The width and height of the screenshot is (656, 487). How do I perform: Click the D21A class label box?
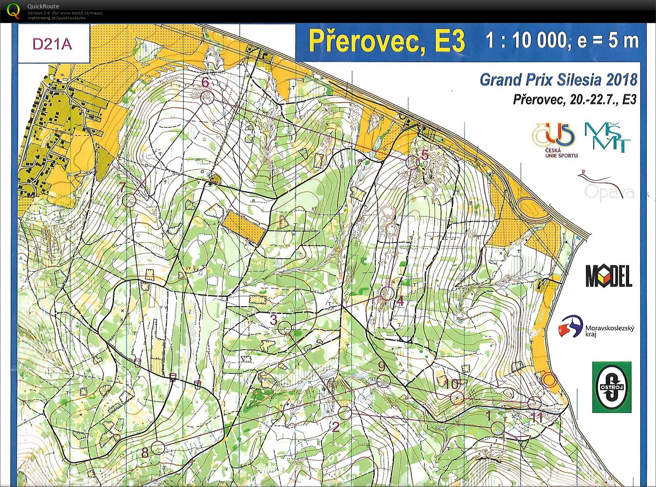53,44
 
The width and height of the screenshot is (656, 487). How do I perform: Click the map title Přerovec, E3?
387,41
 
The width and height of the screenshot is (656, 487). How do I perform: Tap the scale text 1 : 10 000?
526,40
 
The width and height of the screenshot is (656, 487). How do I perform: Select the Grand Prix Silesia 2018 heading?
558,80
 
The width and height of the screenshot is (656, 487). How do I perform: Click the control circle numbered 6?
207,97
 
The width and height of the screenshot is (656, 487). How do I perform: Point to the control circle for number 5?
412,163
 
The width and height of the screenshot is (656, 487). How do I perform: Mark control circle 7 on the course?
129,200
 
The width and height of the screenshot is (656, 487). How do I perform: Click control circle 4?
387,293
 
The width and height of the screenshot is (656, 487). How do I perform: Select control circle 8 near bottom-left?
158,447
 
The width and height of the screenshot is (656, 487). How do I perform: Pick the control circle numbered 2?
345,412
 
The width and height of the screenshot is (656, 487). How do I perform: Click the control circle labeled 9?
384,381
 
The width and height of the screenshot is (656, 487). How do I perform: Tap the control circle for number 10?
457,398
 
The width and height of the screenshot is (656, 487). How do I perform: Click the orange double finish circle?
549,380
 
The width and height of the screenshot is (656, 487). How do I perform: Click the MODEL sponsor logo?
609,276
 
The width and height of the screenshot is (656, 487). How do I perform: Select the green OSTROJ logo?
611,387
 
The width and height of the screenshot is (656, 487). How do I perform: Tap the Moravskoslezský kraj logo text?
609,330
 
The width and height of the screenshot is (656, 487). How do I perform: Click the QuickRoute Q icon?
14,10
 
